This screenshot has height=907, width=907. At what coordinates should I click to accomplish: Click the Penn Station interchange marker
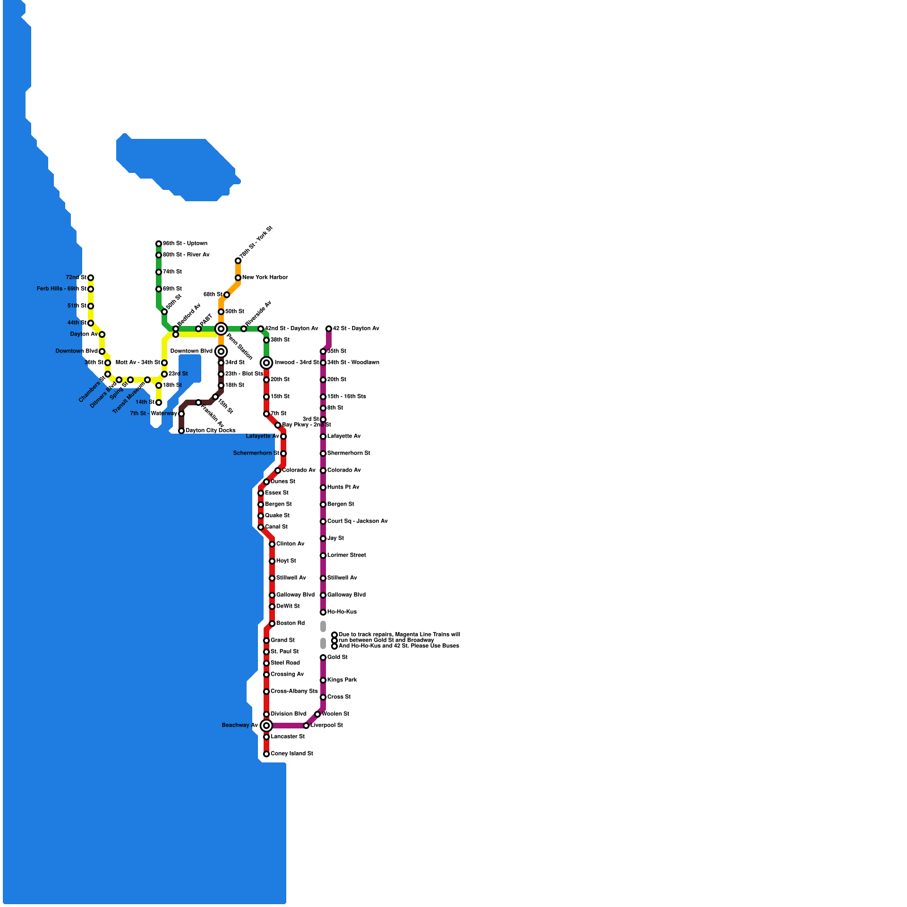tap(221, 329)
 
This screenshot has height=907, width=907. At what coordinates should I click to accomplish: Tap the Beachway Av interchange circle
tap(266, 726)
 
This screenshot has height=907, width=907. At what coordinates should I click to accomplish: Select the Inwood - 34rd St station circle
tap(266, 363)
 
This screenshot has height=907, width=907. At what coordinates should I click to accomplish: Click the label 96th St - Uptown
tap(185, 244)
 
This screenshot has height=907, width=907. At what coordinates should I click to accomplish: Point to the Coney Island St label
tap(292, 754)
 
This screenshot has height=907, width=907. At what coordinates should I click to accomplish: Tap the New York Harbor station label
tap(265, 278)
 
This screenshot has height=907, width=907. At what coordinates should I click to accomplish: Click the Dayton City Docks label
tap(210, 431)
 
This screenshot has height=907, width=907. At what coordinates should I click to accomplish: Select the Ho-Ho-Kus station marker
tap(323, 612)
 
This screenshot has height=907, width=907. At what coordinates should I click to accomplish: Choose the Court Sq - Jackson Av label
tap(357, 522)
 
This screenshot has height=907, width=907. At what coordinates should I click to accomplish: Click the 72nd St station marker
tap(91, 278)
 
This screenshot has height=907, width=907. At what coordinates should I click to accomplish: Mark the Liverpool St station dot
tap(306, 726)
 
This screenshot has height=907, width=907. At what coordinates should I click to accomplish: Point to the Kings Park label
tap(342, 680)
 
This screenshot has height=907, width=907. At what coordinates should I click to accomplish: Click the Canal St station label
tap(276, 527)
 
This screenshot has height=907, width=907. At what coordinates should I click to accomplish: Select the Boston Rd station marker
tap(272, 624)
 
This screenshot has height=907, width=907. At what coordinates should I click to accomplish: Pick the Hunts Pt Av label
tap(343, 488)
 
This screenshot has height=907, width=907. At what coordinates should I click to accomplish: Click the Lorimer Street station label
tap(346, 556)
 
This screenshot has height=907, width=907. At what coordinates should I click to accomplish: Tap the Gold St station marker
tap(323, 658)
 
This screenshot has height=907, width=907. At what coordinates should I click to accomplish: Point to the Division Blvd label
tap(289, 714)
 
